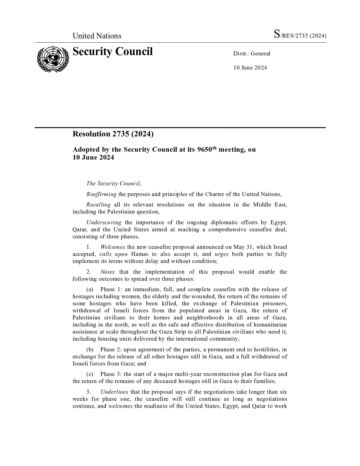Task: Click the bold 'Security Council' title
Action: pos(113,52)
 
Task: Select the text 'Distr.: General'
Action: pos(252,54)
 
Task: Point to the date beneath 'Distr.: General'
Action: pos(250,67)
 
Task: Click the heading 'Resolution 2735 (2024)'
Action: pos(113,134)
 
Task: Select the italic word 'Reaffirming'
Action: pos(101,194)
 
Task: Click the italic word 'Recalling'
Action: pos(99,205)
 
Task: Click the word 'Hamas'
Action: pos(140,254)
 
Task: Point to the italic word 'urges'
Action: pos(221,254)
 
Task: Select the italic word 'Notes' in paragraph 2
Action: pos(107,272)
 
